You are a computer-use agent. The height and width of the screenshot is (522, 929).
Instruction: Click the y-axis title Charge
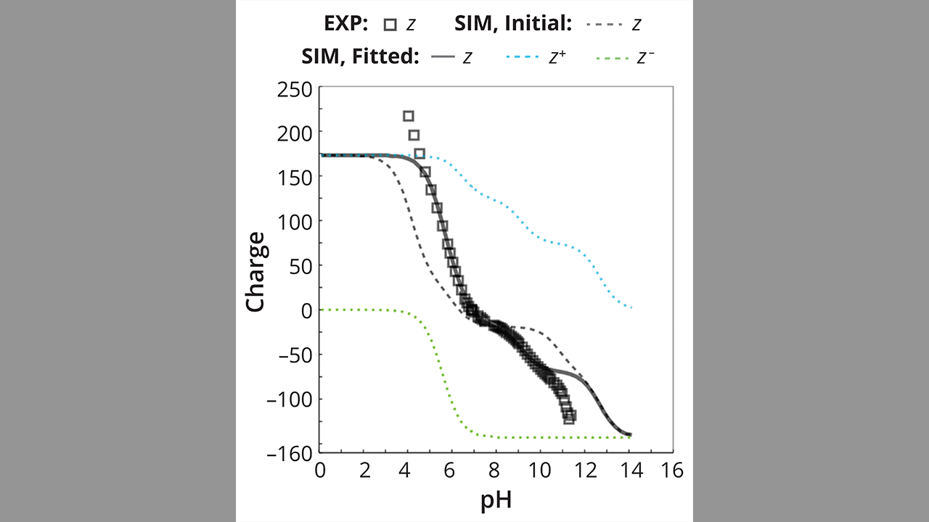coord(255,272)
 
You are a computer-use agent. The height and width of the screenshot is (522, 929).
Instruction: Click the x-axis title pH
coord(496,500)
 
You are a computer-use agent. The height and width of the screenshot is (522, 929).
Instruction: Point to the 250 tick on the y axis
coord(296,90)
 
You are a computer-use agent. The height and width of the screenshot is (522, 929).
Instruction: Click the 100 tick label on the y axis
coord(296,221)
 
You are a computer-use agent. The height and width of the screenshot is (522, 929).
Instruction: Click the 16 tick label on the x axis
coord(673,471)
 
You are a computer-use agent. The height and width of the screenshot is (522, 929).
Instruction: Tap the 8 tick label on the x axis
coord(496,471)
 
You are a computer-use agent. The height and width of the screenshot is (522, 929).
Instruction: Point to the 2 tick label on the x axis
coord(364,471)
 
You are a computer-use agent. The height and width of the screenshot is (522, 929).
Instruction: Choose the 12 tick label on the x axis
coord(585,471)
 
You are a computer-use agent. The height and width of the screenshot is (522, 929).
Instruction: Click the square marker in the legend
coord(390,25)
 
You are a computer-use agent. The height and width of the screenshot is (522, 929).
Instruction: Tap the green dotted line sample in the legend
coord(610,57)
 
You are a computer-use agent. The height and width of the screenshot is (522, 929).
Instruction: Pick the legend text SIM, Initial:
coord(513,24)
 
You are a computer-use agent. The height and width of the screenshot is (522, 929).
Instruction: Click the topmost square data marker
coord(409,116)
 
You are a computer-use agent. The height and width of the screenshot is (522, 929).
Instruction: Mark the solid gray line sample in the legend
coord(442,57)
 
